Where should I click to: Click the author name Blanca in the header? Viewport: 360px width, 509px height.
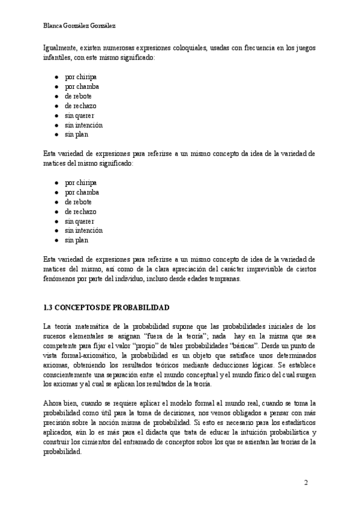[54, 26]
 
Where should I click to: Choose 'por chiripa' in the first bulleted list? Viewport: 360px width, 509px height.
[80, 77]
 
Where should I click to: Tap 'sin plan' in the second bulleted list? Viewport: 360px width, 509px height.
[76, 240]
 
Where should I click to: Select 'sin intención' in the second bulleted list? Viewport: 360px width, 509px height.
[83, 230]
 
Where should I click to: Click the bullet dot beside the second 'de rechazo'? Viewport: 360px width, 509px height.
[56, 211]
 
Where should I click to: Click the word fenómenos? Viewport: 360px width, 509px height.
[61, 279]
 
